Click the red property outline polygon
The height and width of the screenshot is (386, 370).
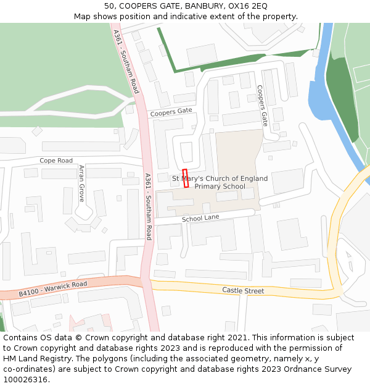coord(186,178)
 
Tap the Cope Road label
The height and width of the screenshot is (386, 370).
coord(56,161)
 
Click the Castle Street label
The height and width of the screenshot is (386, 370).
coord(243,290)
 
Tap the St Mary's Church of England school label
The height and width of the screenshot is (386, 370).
coord(220,182)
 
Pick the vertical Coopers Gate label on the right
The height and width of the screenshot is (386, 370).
coord(263,106)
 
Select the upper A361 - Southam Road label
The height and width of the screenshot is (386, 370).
coord(125,62)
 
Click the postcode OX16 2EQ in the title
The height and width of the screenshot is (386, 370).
coord(247,6)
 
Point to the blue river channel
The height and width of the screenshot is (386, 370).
coord(322,93)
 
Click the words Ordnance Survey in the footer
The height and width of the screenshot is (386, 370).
coord(317,369)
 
